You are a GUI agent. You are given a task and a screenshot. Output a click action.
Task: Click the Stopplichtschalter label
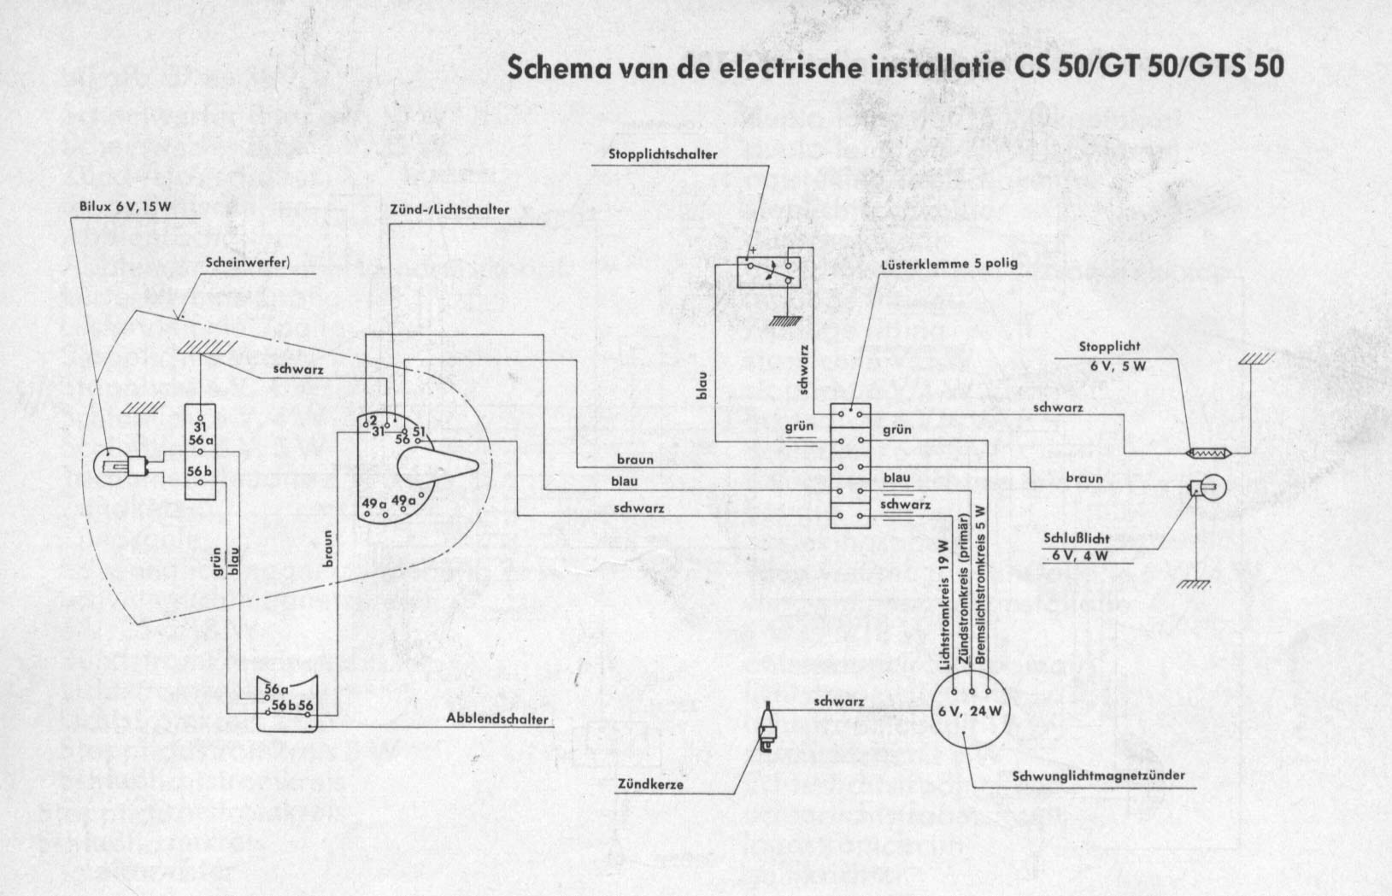[662, 155]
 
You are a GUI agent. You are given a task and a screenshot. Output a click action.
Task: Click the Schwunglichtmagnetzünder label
[1098, 776]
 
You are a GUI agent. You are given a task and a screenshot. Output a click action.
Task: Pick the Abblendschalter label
[497, 718]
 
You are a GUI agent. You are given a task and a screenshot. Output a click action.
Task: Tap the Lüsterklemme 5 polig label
[949, 263]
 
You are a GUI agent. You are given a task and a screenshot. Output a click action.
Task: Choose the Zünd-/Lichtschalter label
[449, 209]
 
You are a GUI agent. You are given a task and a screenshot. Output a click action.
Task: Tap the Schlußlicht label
[1075, 541]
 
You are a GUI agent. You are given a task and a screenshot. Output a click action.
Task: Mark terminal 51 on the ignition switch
[420, 431]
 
